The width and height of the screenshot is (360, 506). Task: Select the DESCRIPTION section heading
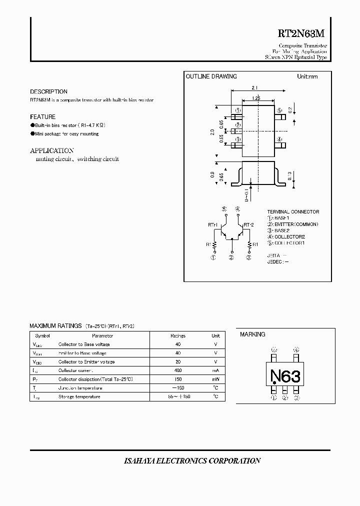[x=48, y=92]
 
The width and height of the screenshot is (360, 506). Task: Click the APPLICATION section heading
[x=52, y=150]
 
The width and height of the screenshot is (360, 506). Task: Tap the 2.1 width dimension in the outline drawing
[x=254, y=88]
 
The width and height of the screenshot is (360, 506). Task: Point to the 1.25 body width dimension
[x=256, y=98]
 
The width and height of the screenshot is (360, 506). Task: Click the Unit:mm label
[x=307, y=76]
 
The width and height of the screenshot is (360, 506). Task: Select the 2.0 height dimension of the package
[x=212, y=132]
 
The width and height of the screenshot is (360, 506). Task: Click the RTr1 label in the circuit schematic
[x=213, y=225]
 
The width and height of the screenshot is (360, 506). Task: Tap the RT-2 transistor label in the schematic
[x=249, y=225]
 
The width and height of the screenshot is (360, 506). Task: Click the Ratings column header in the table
[x=178, y=336]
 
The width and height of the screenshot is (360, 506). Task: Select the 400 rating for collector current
[x=178, y=370]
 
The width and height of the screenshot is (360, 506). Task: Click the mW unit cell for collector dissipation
[x=215, y=379]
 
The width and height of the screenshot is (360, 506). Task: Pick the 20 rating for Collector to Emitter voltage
[x=178, y=361]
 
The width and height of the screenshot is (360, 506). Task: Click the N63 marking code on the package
[x=285, y=375]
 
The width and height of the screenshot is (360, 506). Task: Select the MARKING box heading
[x=252, y=334]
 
